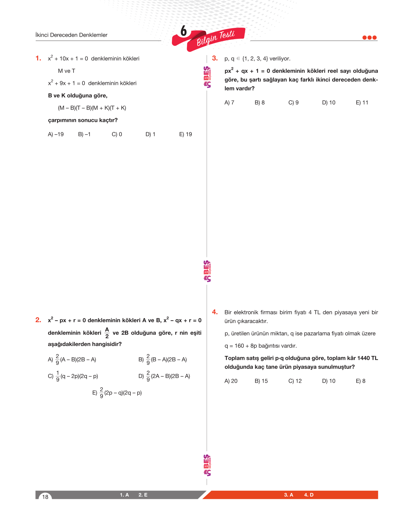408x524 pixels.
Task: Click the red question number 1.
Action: coord(38,58)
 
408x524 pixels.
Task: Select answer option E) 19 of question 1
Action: coord(185,134)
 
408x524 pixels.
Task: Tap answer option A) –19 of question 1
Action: coord(56,134)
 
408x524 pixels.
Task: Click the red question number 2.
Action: coord(38,320)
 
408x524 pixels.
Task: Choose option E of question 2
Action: coord(117,393)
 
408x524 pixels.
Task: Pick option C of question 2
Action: coord(73,376)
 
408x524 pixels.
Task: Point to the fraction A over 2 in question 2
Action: coord(107,333)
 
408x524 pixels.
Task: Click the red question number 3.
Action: coord(215,58)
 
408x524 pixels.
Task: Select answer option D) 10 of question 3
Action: coord(328,103)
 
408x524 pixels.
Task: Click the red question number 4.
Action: coord(215,312)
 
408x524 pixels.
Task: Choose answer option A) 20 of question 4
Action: coord(231,381)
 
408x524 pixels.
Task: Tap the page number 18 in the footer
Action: coord(45,497)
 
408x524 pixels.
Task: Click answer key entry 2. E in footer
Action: coord(143,495)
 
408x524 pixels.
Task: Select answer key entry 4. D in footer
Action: coord(309,495)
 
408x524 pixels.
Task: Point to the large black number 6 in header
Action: coord(183,31)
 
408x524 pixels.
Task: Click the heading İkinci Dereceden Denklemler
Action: coord(71,35)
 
